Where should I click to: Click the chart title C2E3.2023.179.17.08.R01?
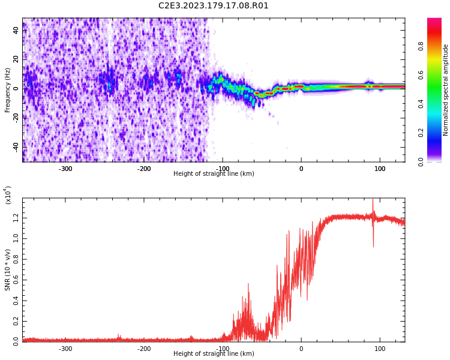(x=214, y=6)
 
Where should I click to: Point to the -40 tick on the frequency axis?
(x=16, y=146)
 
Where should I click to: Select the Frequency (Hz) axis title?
(x=8, y=90)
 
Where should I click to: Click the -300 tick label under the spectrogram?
(x=65, y=169)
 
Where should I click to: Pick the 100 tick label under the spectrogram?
(x=380, y=169)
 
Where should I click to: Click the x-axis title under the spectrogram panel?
(x=214, y=174)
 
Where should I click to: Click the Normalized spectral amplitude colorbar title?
(x=446, y=90)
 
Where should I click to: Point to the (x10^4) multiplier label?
(x=8, y=195)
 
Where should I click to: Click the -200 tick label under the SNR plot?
(x=144, y=349)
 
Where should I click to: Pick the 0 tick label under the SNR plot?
(x=301, y=349)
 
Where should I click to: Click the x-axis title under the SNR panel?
(x=214, y=354)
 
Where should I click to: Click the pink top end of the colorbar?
(x=434, y=22)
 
